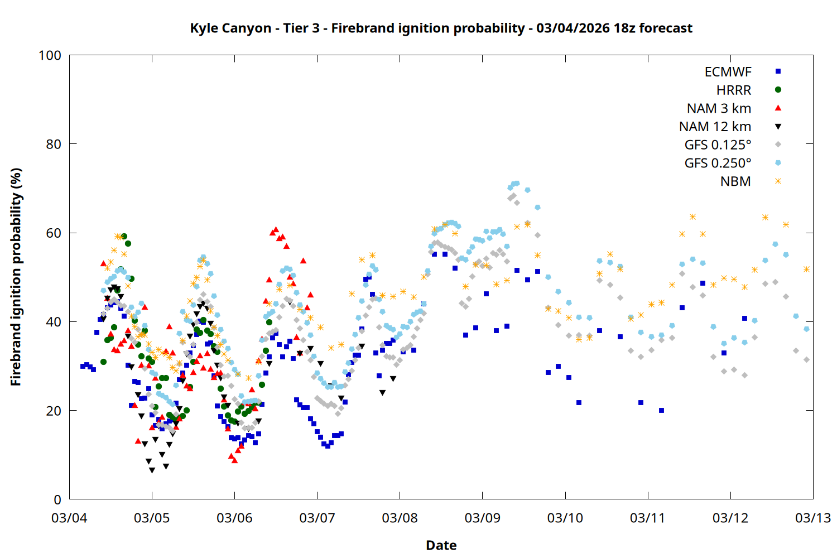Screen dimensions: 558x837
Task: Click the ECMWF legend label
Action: click(728, 72)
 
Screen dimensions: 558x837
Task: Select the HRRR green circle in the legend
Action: click(778, 90)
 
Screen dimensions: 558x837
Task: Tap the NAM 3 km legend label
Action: click(719, 108)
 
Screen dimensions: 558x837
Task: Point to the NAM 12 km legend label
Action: click(715, 127)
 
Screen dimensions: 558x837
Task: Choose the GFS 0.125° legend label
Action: click(718, 145)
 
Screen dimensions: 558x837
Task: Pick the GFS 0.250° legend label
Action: click(718, 163)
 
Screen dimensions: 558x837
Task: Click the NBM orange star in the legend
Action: click(778, 181)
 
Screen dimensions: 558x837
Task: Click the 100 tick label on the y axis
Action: click(50, 56)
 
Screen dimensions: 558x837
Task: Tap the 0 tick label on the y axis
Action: click(57, 500)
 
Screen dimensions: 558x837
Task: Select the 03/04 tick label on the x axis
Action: click(69, 518)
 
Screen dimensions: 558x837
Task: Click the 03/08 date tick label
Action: click(400, 518)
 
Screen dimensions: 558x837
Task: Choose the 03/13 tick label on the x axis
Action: click(812, 518)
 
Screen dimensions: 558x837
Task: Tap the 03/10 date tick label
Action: click(565, 518)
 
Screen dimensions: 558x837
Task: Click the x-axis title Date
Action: click(441, 545)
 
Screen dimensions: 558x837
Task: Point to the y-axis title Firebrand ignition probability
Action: click(16, 277)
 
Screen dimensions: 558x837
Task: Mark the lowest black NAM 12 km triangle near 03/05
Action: click(152, 470)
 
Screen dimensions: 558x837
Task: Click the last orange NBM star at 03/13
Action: click(806, 270)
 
